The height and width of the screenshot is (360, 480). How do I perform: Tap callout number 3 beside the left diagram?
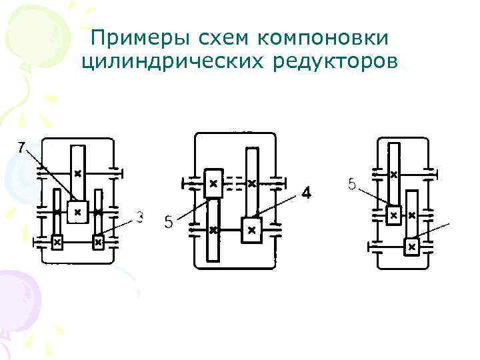[x=140, y=217]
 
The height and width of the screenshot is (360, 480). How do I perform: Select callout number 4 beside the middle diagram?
[x=305, y=193]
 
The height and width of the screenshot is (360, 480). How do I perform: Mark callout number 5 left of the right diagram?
[x=352, y=184]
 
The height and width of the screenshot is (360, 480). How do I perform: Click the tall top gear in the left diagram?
[x=77, y=171]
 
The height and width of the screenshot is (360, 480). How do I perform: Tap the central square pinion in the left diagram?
[x=77, y=212]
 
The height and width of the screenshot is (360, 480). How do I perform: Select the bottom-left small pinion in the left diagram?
[x=57, y=242]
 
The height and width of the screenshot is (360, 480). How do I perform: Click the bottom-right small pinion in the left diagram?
[x=98, y=242]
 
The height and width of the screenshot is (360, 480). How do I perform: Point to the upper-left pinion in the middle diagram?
[x=213, y=182]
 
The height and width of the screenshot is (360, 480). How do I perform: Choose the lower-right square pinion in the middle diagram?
[x=251, y=230]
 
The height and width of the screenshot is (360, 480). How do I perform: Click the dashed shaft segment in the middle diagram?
[x=233, y=181]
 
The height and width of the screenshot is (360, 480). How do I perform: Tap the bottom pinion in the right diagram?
[x=411, y=247]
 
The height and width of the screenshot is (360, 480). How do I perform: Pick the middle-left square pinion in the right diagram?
[x=393, y=215]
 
